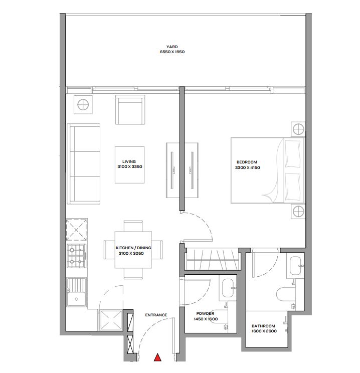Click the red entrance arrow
157,357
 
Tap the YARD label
172,47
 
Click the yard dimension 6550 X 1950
172,52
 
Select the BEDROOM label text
247,162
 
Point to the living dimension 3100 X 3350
130,167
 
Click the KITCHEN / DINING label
133,248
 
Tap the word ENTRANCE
156,315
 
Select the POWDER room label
205,313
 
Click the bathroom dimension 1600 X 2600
264,331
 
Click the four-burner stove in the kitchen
76,256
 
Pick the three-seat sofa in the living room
84,164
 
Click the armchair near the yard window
130,110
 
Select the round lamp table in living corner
83,105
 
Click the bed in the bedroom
268,170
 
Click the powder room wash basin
228,288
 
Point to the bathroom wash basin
295,266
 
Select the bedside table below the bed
298,211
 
